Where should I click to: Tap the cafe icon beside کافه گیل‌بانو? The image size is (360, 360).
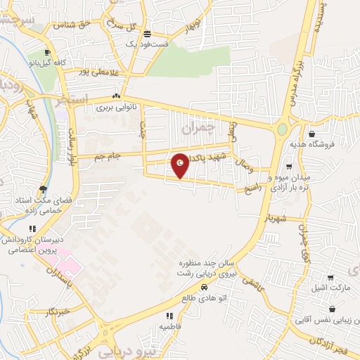pyautogui.click(x=47, y=53)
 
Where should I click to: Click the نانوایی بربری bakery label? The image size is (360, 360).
pyautogui.click(x=115, y=108)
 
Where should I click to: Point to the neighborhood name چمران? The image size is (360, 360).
pyautogui.click(x=196, y=129)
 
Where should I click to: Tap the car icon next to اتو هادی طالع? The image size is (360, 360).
pyautogui.click(x=204, y=287)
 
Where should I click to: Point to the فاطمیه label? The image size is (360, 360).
pyautogui.click(x=170, y=326)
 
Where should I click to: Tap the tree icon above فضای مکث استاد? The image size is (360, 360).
pyautogui.click(x=44, y=188)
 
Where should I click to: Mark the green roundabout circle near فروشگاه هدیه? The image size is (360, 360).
pyautogui.click(x=282, y=129)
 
